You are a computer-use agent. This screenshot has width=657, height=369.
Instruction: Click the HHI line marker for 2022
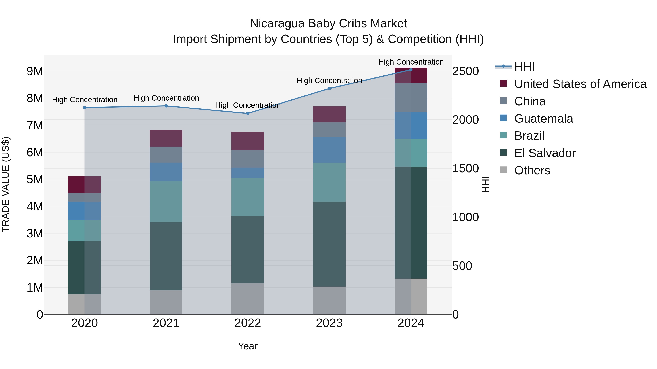(248, 113)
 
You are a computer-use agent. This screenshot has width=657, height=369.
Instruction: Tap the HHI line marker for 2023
(329, 89)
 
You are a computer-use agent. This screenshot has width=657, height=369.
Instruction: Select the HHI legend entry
(524, 67)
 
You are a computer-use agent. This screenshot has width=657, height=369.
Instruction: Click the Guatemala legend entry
(543, 119)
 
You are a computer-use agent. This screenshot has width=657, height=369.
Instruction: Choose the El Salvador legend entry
(545, 153)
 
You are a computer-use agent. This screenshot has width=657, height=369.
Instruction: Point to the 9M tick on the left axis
(35, 71)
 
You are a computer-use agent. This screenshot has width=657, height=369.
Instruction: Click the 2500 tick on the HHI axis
(465, 71)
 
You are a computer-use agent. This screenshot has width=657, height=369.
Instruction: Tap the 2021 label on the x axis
(166, 323)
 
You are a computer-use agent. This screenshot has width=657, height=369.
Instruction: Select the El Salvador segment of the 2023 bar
(329, 244)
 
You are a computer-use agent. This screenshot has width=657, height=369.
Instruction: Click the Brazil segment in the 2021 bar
(166, 202)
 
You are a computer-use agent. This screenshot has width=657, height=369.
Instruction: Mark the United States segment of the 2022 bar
(248, 141)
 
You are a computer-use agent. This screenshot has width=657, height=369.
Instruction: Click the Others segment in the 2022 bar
(248, 298)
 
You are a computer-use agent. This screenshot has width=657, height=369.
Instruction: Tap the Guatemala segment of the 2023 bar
(329, 150)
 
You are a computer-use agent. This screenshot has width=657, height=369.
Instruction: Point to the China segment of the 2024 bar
(411, 97)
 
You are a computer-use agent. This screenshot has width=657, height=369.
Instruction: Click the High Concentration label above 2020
(85, 99)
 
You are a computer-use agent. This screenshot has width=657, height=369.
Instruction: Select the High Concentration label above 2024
(411, 62)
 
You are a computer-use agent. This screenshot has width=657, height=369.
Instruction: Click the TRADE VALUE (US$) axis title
(6, 184)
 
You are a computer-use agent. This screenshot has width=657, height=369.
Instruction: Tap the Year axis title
(248, 346)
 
